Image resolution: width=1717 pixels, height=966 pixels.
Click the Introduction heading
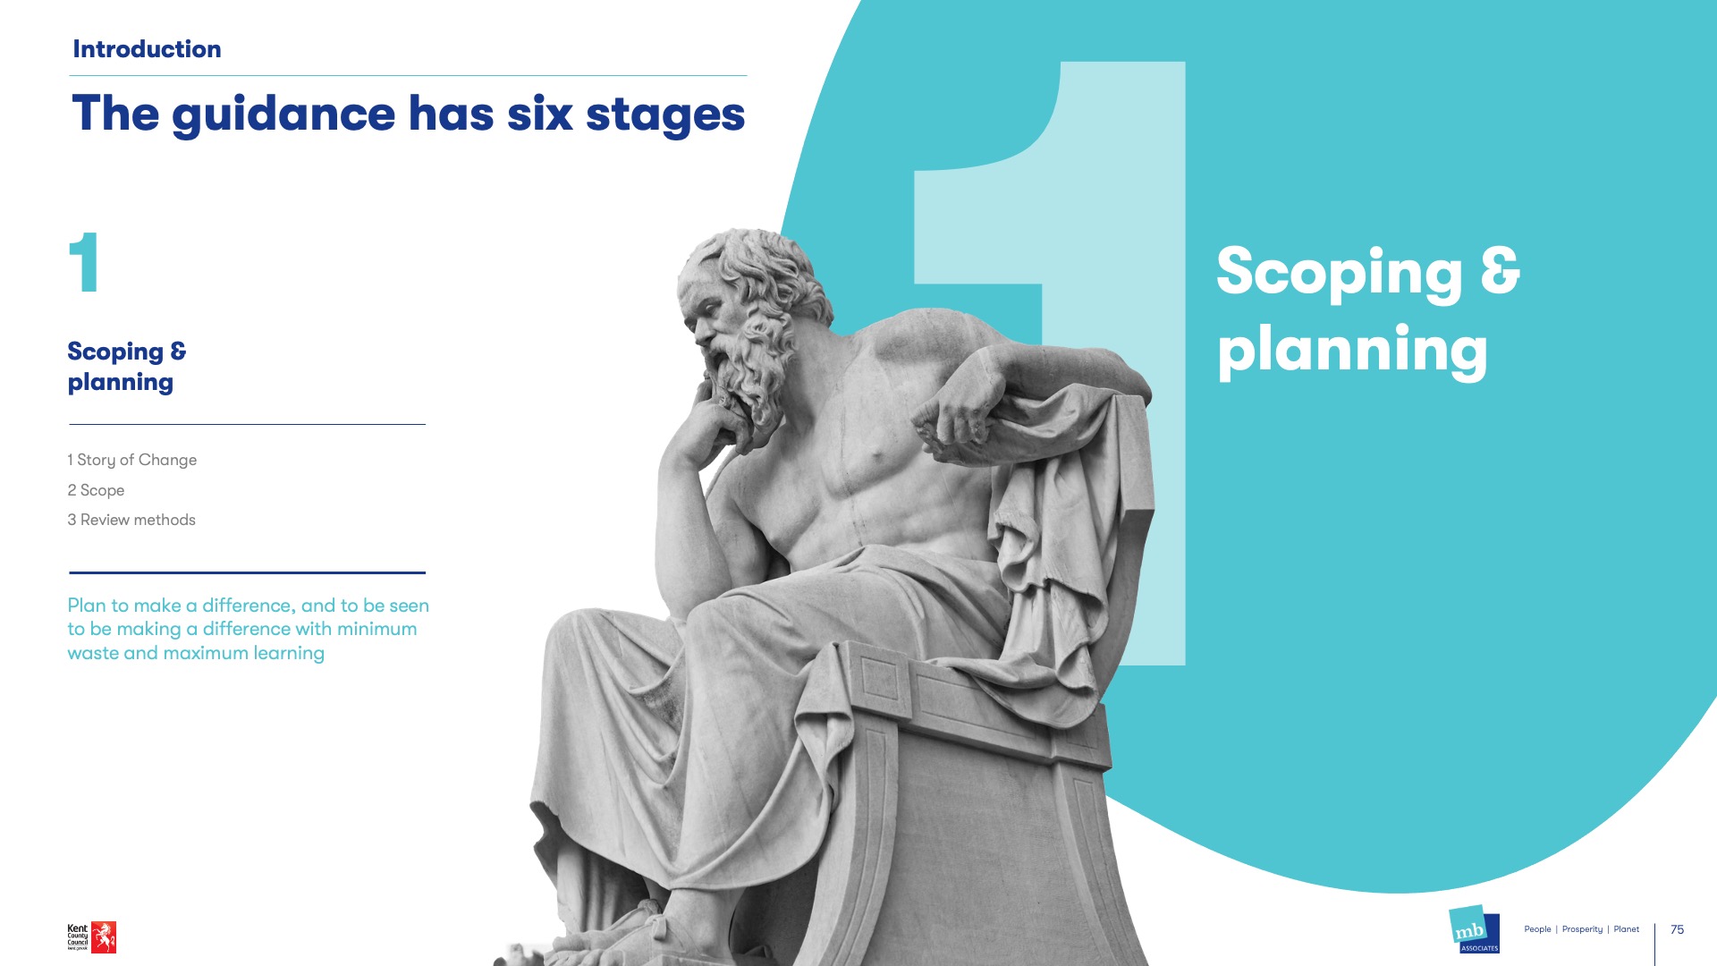click(x=147, y=49)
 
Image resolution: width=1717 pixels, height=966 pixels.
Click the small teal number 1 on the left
click(x=84, y=262)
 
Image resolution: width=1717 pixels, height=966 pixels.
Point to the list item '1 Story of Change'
click(x=131, y=460)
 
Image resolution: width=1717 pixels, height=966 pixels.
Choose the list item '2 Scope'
click(x=96, y=490)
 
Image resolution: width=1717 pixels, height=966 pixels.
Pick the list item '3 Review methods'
click(x=131, y=520)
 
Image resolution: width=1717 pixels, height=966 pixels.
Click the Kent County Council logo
click(x=91, y=937)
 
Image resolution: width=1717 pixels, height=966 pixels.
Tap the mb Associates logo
click(x=1474, y=930)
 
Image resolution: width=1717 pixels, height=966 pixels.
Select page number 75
click(x=1677, y=929)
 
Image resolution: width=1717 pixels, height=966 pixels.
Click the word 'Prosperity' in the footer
click(x=1582, y=929)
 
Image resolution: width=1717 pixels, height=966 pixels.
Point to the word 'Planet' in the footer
click(x=1626, y=929)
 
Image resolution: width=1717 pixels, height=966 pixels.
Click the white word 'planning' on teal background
click(x=1352, y=352)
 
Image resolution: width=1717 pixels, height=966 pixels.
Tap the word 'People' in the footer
click(x=1537, y=929)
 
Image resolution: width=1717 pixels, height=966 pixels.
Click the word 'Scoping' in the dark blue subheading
click(x=115, y=352)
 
